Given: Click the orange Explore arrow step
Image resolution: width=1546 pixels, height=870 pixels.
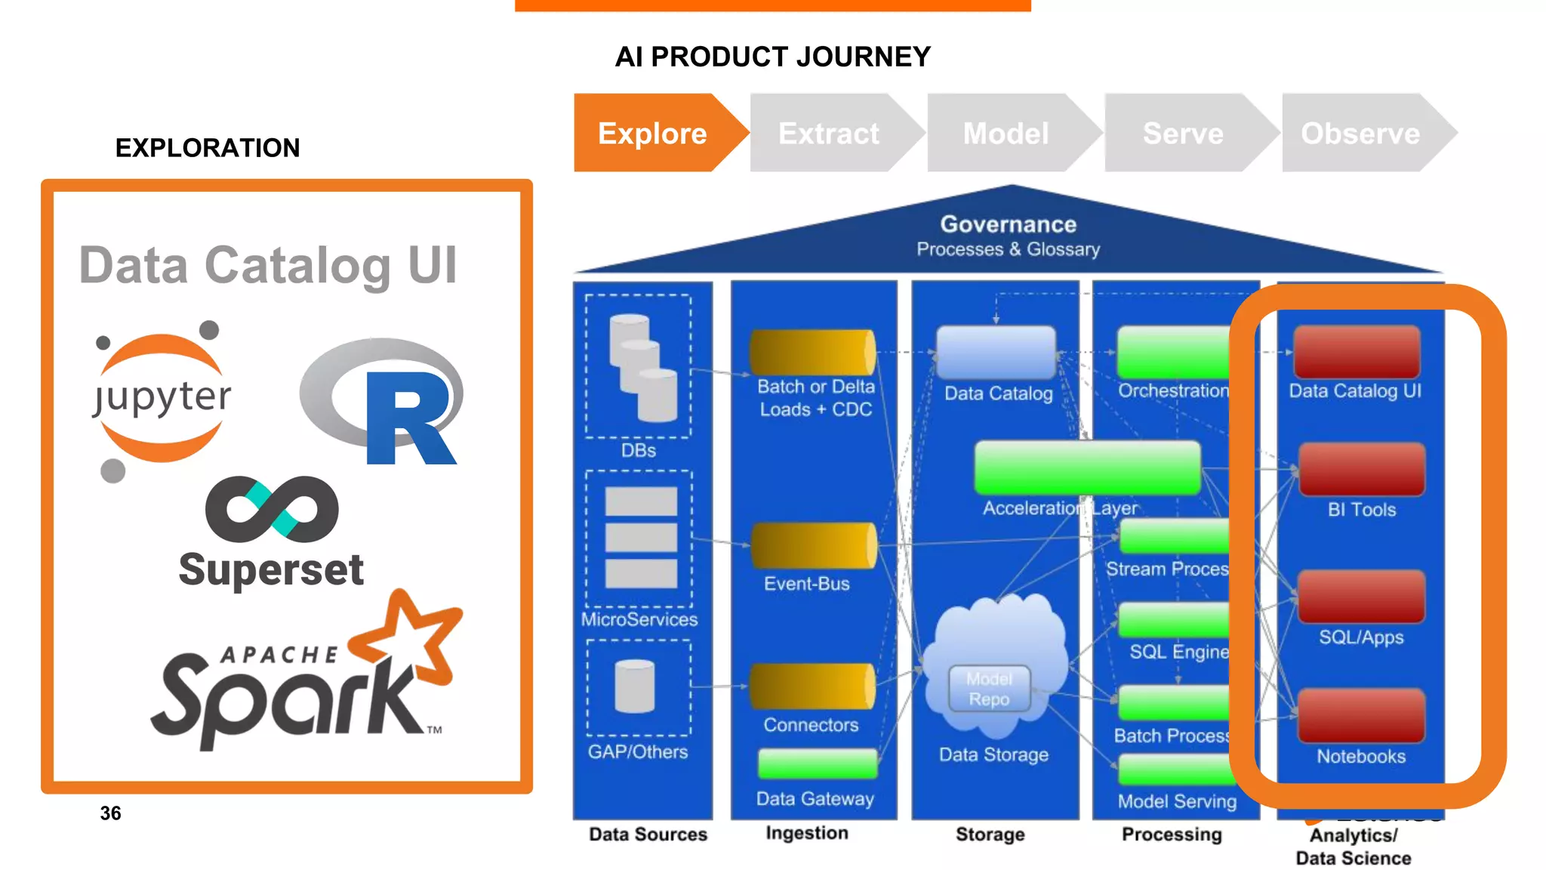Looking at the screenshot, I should coord(651,133).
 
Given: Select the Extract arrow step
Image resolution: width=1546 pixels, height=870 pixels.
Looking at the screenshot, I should coord(828,133).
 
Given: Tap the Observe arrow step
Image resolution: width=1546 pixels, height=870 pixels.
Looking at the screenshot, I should coord(1360,133).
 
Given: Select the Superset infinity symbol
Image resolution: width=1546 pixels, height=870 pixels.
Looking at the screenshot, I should coord(272,509).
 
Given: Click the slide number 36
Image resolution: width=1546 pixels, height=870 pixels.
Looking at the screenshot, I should coord(110,813).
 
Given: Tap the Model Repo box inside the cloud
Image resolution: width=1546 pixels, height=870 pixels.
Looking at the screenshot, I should coord(989,689).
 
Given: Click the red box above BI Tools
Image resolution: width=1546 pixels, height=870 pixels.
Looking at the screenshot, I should coord(1361,469).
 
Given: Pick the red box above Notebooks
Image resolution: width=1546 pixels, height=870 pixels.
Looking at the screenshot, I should coord(1361,715).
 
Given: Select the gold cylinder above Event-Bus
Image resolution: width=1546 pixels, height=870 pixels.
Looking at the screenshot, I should coord(813,546).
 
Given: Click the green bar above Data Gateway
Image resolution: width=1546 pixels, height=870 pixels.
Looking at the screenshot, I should coord(817,764).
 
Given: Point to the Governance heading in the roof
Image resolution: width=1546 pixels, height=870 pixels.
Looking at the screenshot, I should coord(1008,224).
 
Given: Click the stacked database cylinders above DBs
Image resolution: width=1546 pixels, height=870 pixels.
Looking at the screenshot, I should coord(642,368).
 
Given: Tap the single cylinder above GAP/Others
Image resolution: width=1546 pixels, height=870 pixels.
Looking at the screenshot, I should coord(635,686).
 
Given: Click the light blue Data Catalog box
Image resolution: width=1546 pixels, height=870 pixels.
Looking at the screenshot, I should coord(996,352).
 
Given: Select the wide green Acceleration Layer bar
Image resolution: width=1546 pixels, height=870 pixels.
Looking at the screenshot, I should coord(1087,468).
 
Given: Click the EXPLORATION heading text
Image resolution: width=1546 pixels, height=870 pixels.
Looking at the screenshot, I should coord(208,148).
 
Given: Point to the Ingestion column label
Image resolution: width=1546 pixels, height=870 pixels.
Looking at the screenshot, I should coord(806,833).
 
